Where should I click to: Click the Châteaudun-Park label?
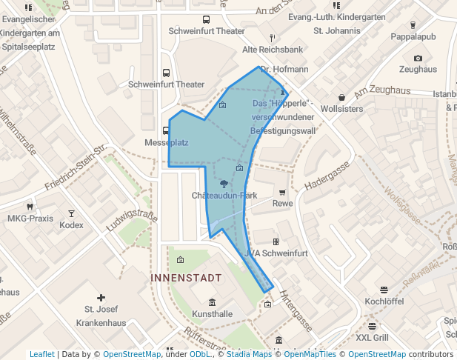point(224,196)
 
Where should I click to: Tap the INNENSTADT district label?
point(186,278)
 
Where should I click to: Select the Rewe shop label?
point(282,203)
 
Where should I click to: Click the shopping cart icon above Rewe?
point(282,192)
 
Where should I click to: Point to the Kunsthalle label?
point(213,314)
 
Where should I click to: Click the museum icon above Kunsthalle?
point(213,302)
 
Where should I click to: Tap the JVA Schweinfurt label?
point(276,253)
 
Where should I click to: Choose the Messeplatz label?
point(167,142)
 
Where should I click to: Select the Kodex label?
point(71,224)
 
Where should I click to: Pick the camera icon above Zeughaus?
point(418,58)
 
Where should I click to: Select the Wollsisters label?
point(341,108)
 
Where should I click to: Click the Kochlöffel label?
point(384,301)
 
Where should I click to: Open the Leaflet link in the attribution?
point(41,354)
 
